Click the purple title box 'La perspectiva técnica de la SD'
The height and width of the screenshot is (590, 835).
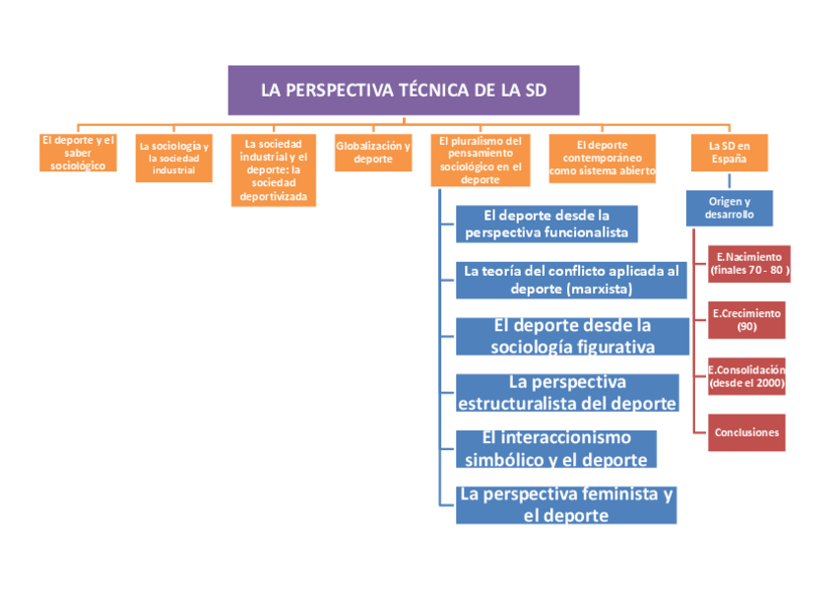coord(404,91)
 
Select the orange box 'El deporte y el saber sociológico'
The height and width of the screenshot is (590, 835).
coord(78,153)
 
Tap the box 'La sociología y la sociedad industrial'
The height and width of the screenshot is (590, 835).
coord(174,158)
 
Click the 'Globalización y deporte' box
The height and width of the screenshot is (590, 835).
coord(373,152)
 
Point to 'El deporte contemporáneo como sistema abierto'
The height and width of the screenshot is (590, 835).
coord(602,158)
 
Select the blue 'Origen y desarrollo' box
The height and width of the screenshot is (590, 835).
coord(730,207)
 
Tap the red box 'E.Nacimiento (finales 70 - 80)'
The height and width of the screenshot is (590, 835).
coord(748,263)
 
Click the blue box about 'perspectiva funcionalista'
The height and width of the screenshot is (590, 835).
coord(546,224)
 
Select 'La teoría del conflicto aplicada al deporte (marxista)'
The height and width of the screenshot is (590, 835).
coord(571,280)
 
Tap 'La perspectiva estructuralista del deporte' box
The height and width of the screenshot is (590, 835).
coord(567,392)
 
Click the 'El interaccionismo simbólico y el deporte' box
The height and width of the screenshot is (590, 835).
coord(556,448)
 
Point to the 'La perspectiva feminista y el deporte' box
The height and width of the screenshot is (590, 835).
coord(566,504)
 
